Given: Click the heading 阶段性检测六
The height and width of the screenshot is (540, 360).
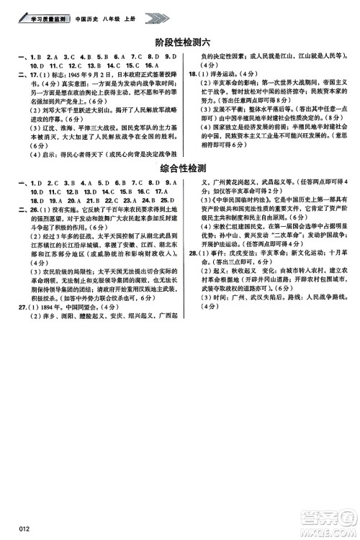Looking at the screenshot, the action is click(180, 43).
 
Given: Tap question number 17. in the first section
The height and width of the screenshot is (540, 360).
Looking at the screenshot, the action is click(13, 73).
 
